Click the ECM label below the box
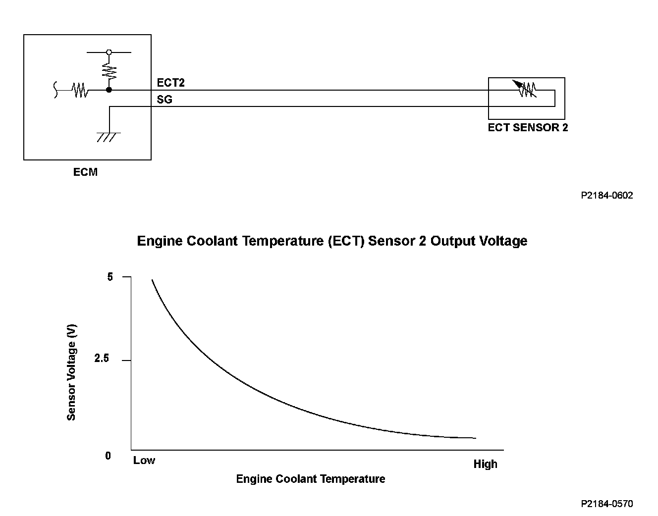[85, 172]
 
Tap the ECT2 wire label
[170, 83]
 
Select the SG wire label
[164, 99]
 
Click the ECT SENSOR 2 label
[528, 127]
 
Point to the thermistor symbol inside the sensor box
[527, 89]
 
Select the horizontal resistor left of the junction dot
[80, 91]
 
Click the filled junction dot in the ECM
[109, 91]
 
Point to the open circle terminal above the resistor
[109, 52]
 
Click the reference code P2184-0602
[606, 195]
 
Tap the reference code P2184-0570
[606, 504]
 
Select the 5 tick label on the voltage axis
[110, 277]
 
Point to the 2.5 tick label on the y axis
[101, 358]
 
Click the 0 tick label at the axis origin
[108, 456]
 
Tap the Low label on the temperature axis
[144, 461]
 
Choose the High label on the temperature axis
[485, 464]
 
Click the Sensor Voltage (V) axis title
[71, 372]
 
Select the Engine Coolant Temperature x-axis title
[311, 479]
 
